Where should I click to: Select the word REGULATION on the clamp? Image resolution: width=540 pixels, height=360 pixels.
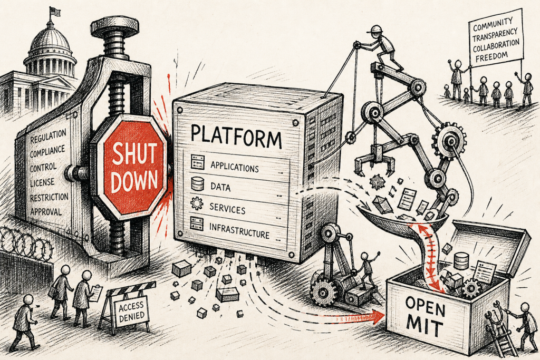[x=48, y=136]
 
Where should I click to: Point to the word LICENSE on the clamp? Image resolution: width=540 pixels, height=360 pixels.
[x=42, y=182]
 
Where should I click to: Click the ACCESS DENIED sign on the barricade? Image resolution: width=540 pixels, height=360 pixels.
[x=131, y=311]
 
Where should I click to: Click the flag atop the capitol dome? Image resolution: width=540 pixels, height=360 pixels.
[x=54, y=12]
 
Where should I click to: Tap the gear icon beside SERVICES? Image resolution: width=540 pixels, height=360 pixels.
[x=197, y=203]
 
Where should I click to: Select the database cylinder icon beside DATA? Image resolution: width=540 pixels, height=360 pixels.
[x=197, y=184]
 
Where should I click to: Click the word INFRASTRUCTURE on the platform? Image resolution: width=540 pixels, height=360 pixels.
[x=239, y=231]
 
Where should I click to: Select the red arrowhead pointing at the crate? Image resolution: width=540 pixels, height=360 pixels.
[x=379, y=316]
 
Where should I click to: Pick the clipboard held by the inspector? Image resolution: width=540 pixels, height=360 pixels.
[x=96, y=294]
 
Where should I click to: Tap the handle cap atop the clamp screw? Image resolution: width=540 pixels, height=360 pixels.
[x=114, y=27]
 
